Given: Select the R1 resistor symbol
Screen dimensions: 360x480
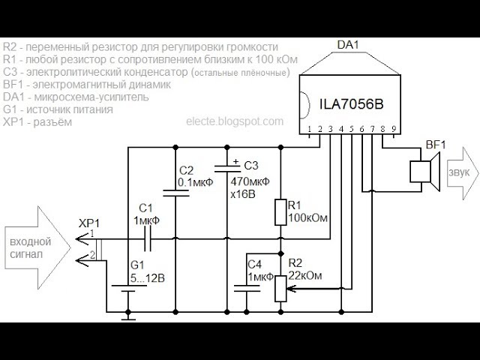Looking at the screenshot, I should pyautogui.click(x=280, y=212).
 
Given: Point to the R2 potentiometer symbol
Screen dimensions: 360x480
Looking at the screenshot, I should pyautogui.click(x=280, y=286).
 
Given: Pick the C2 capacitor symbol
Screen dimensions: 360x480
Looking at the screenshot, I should pyautogui.click(x=175, y=192).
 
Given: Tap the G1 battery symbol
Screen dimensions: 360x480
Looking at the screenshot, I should pyautogui.click(x=128, y=285).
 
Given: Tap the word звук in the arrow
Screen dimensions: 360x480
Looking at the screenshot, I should pyautogui.click(x=458, y=172).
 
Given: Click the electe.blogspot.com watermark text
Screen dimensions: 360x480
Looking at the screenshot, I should pyautogui.click(x=235, y=121).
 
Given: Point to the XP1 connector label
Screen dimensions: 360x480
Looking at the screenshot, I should pyautogui.click(x=88, y=223).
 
